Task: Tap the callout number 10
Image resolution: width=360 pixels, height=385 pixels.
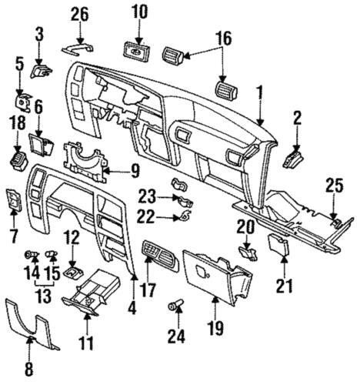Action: click(x=139, y=12)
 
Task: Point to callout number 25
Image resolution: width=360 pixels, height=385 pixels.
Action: click(x=333, y=186)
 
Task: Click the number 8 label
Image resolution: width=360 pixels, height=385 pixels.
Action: click(x=30, y=369)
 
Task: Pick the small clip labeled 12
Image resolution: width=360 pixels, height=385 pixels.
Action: click(x=72, y=270)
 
